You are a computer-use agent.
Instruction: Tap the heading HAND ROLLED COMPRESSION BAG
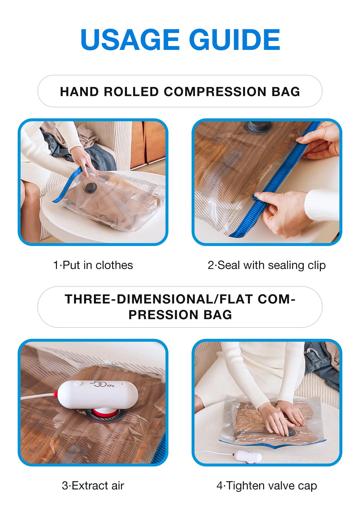click(180, 92)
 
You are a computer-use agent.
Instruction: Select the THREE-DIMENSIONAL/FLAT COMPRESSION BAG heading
click(180, 307)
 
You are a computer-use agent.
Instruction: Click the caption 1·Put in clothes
click(93, 265)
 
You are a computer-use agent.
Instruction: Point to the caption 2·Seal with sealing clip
click(266, 265)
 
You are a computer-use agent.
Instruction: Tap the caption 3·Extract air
click(93, 486)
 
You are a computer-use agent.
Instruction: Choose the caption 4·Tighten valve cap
click(266, 486)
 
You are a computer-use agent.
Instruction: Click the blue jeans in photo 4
click(322, 363)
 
